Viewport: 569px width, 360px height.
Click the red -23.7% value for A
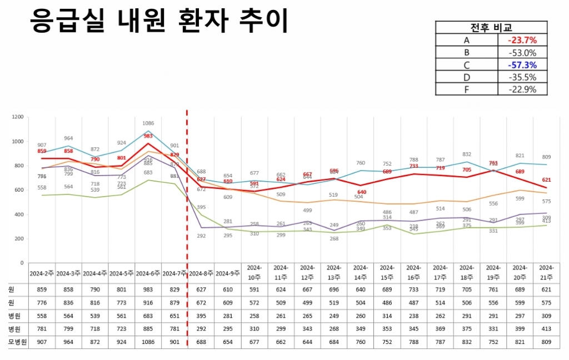[522, 40]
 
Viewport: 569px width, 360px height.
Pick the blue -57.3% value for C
[522, 65]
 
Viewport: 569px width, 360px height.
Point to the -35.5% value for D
[522, 77]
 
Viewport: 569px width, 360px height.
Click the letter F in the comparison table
[466, 89]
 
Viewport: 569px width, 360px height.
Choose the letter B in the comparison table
[466, 53]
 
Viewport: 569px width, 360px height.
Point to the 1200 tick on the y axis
[18, 117]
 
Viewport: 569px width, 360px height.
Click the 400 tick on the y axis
[19, 214]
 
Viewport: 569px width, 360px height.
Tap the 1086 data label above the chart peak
[148, 123]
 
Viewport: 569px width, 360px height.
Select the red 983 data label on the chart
[148, 136]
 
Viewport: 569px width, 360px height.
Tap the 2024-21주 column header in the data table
[546, 273]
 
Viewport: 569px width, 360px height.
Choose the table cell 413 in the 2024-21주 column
[546, 329]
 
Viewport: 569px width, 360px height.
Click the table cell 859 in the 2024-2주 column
[42, 290]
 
